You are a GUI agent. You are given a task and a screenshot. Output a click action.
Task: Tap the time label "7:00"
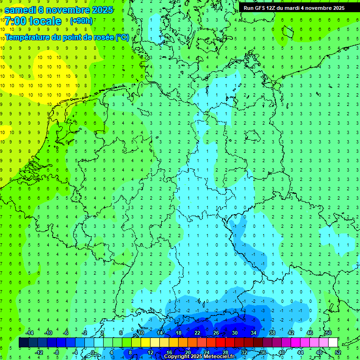click(15, 21)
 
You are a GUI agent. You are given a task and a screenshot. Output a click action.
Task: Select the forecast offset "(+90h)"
click(81, 21)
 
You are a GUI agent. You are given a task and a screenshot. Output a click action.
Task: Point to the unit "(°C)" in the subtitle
click(122, 37)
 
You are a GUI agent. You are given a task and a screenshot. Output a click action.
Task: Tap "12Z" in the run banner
click(272, 8)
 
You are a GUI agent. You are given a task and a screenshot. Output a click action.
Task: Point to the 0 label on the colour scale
click(93, 352)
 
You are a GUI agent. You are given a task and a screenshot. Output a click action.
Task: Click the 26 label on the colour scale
click(216, 333)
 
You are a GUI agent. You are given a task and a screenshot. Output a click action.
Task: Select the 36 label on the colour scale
click(262, 352)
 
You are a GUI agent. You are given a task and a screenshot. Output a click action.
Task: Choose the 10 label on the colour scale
click(141, 333)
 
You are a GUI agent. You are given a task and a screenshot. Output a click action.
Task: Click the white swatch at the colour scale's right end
click(333, 343)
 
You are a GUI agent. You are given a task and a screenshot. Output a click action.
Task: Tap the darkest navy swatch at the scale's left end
click(23, 343)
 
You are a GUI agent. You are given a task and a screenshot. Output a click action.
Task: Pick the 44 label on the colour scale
click(300, 352)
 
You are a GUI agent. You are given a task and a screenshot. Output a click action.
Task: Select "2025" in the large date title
click(99, 9)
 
